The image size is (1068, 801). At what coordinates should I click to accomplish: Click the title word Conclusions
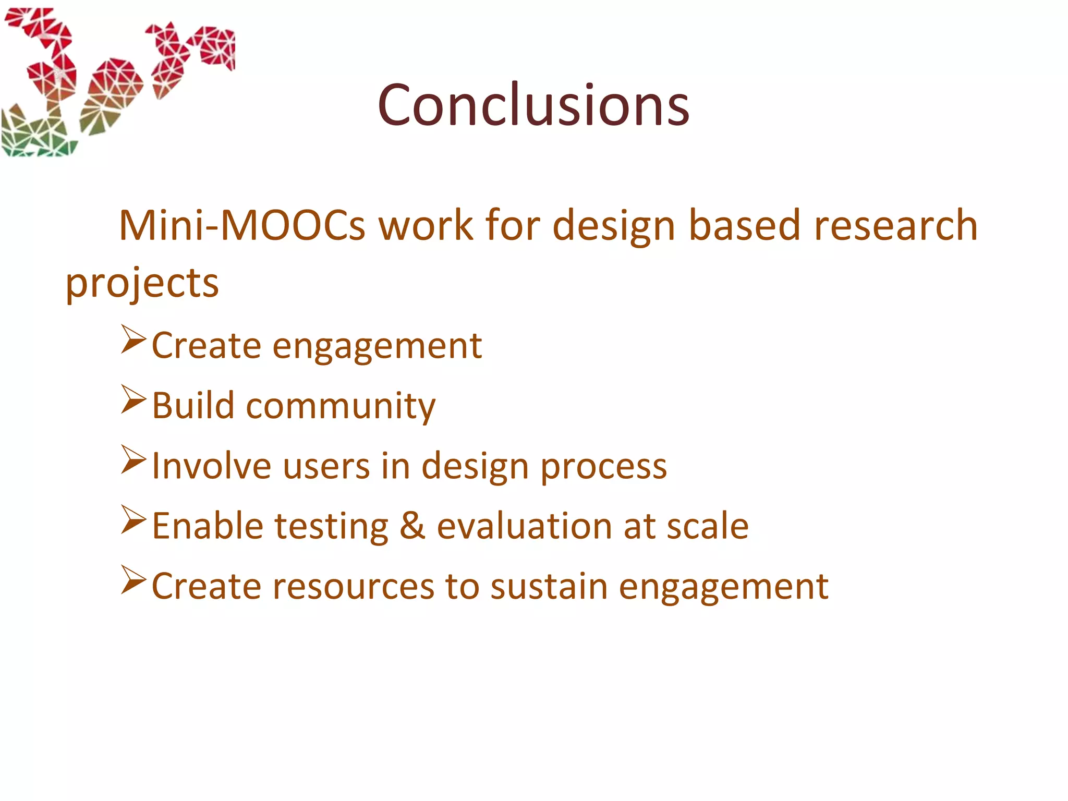(533, 105)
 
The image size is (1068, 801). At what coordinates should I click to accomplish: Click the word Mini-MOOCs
(242, 226)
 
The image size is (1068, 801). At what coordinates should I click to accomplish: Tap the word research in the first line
(895, 226)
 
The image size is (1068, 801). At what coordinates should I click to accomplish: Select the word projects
(142, 284)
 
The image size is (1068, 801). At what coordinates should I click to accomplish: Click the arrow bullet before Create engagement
(133, 339)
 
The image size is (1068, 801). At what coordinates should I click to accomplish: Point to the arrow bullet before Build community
(133, 399)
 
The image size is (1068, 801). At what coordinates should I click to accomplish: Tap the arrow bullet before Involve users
(133, 459)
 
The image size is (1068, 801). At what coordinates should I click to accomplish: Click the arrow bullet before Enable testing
(133, 519)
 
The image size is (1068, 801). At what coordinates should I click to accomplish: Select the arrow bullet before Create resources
(133, 579)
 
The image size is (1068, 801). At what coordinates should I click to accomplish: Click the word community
(341, 406)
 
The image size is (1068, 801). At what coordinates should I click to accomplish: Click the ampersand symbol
(412, 526)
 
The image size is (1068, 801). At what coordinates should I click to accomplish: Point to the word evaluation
(524, 526)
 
